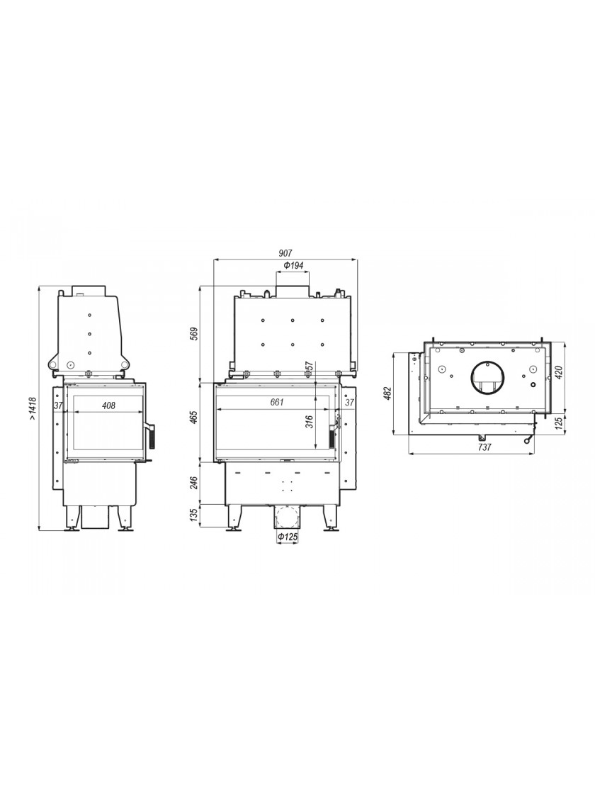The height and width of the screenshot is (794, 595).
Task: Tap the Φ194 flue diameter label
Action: [293, 265]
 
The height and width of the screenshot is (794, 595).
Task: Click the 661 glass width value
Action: [277, 403]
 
